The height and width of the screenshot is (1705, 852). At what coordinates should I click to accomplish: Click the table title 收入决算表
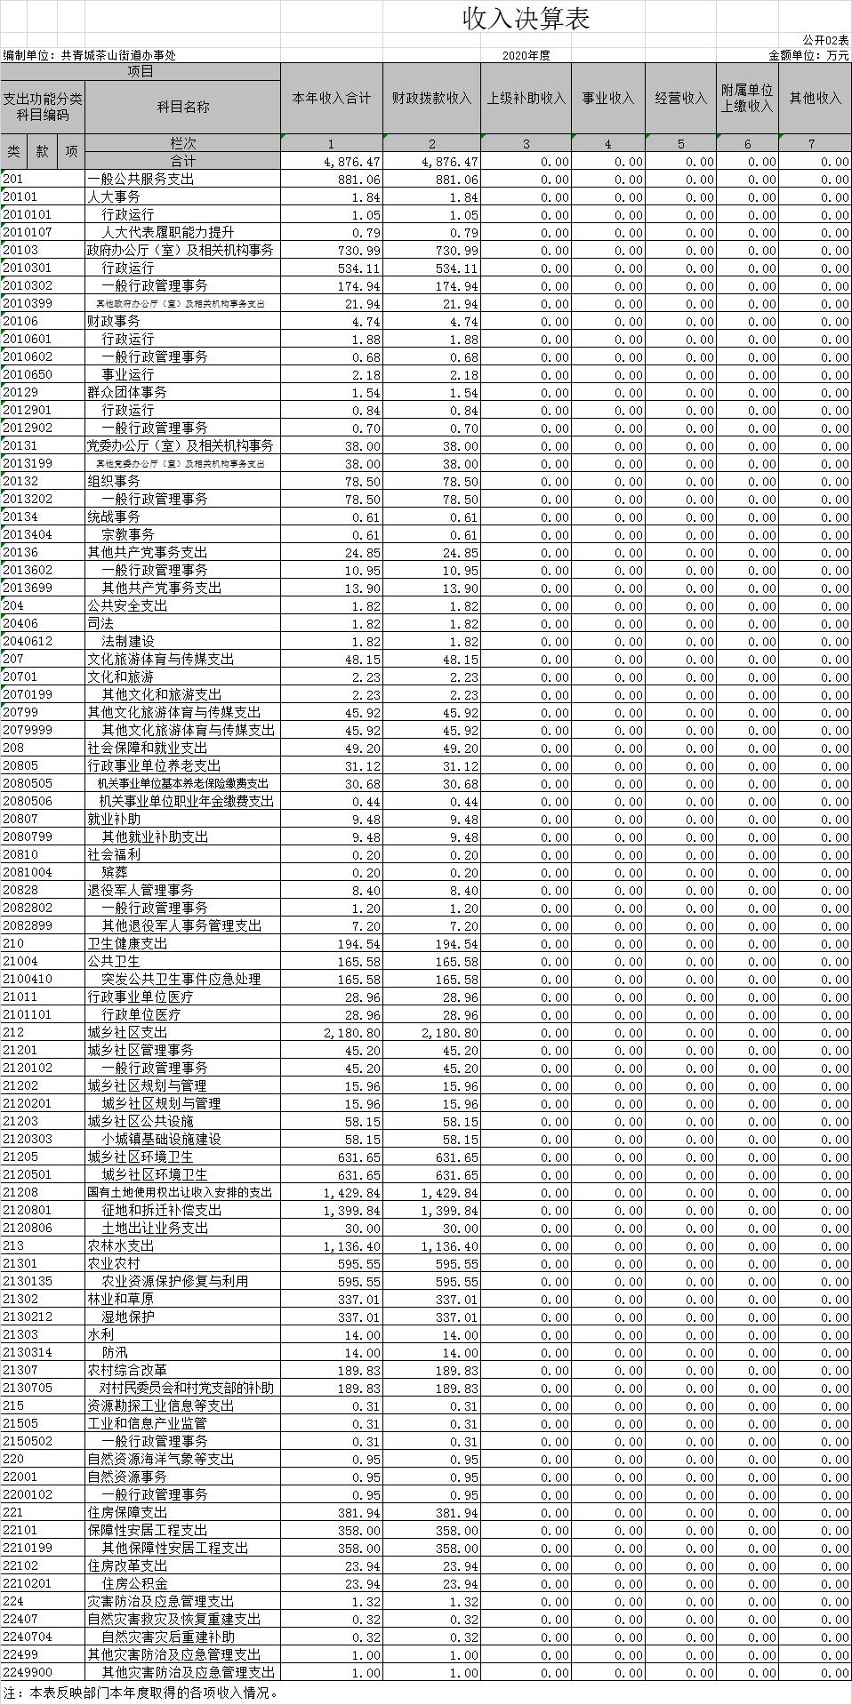click(x=526, y=20)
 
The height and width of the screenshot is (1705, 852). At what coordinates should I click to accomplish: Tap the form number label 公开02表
click(x=825, y=40)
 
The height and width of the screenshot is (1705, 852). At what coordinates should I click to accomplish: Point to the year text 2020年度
click(x=526, y=55)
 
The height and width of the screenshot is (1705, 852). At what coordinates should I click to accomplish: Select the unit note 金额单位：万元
click(x=808, y=55)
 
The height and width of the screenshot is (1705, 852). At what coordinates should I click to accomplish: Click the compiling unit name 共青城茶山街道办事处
click(x=118, y=55)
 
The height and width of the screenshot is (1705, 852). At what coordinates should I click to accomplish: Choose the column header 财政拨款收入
click(x=432, y=98)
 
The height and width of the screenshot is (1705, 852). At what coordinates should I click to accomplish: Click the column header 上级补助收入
click(x=526, y=98)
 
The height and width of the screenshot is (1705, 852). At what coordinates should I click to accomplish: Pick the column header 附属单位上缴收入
click(x=747, y=98)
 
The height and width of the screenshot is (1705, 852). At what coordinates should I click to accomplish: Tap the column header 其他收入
click(x=815, y=98)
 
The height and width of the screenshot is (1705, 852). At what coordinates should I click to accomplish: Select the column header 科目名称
click(x=183, y=107)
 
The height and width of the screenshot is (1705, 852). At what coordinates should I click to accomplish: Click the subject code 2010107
click(x=27, y=233)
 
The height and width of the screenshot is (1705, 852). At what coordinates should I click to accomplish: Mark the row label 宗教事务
click(x=128, y=535)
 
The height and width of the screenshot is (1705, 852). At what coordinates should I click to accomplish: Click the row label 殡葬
click(x=115, y=873)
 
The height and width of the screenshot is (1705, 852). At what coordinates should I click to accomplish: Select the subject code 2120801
click(x=27, y=1211)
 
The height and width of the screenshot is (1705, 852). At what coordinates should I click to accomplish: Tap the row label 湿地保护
click(x=128, y=1317)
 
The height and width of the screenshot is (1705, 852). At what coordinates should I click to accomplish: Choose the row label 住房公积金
click(x=134, y=1584)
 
